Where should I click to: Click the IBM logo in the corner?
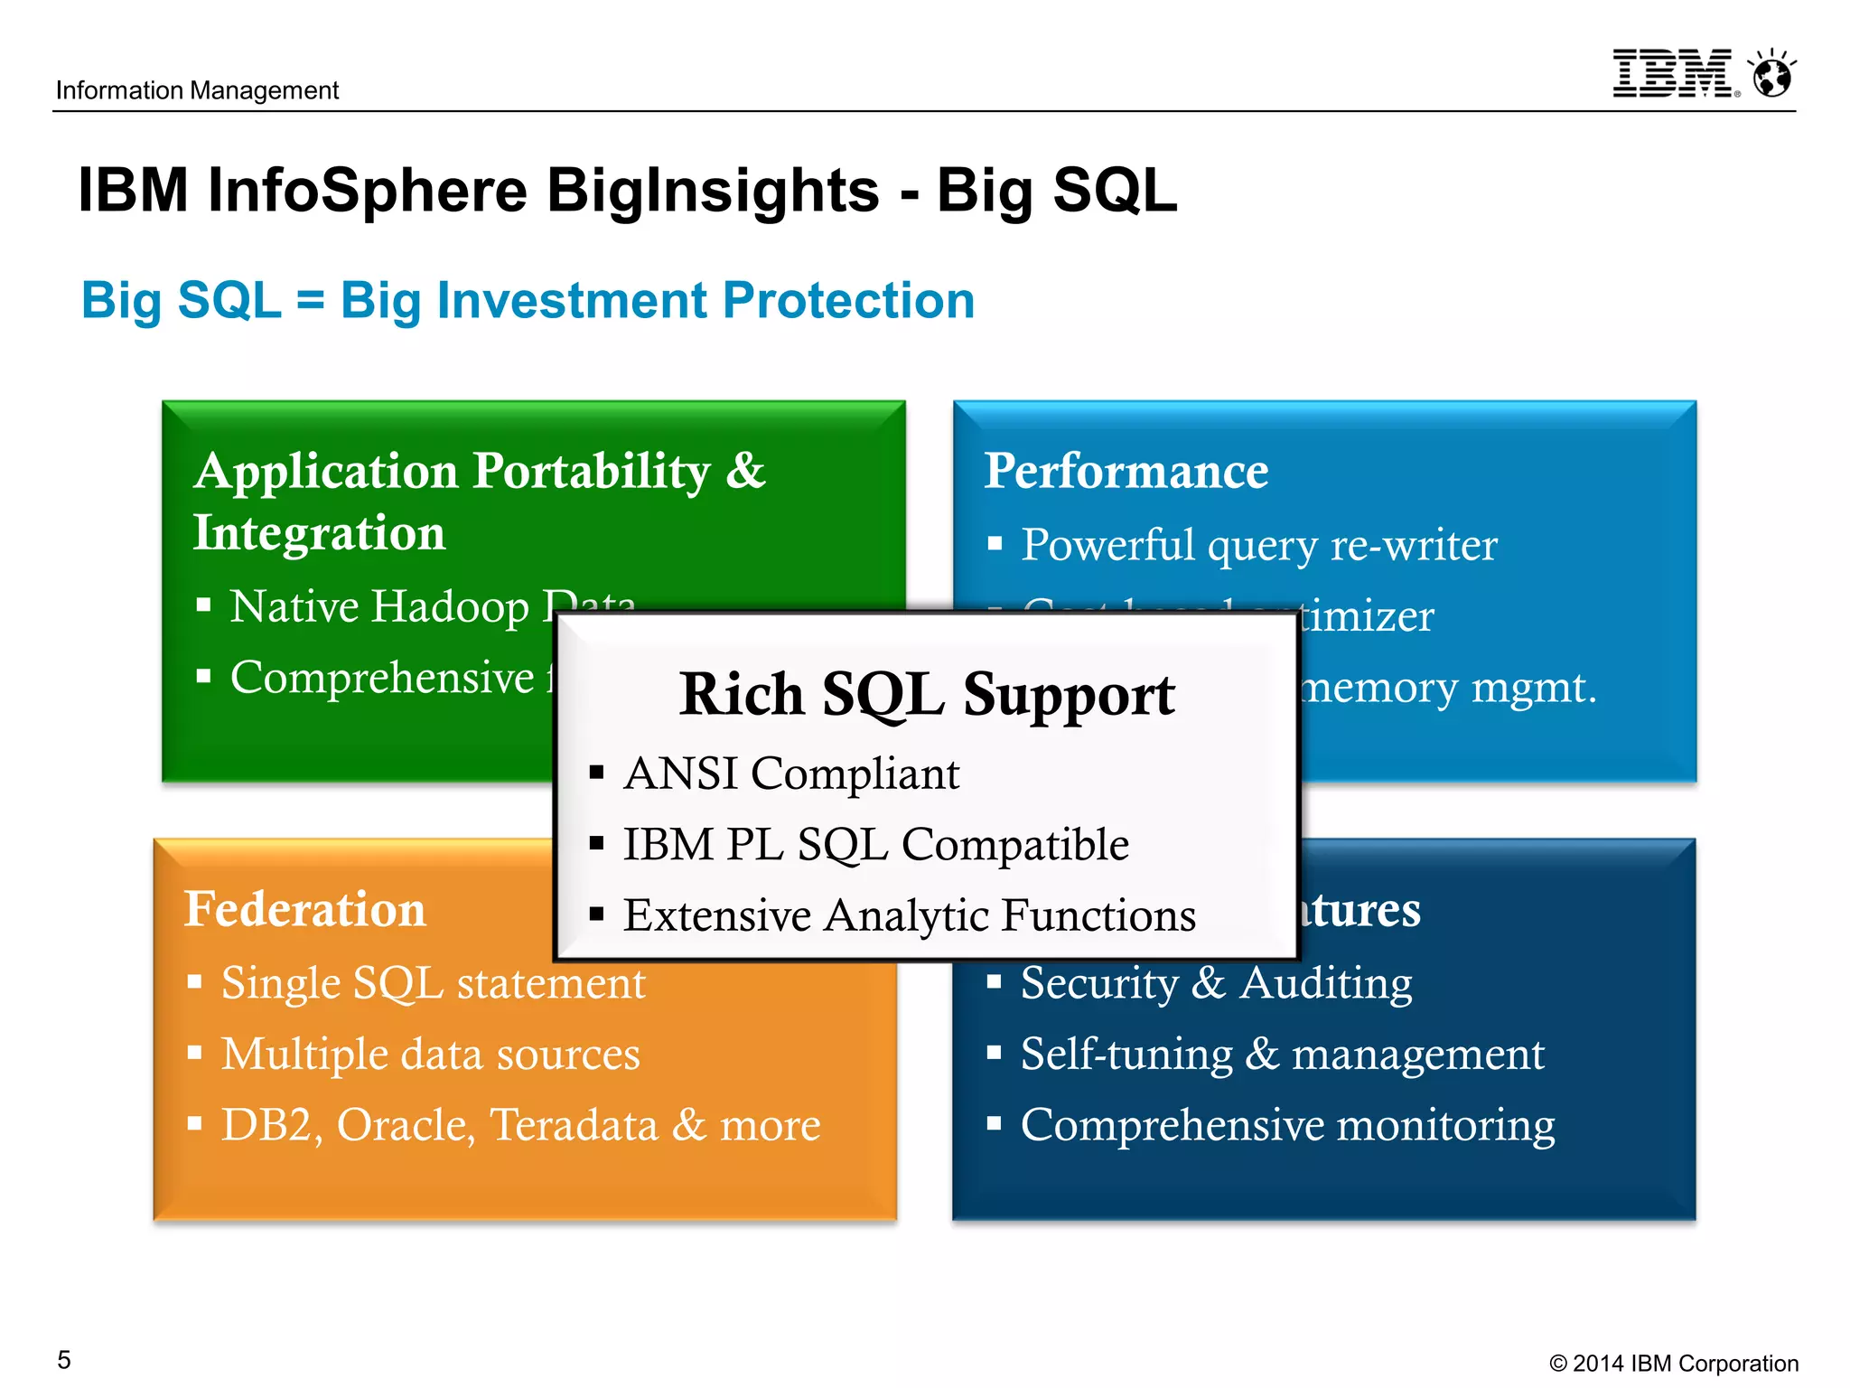coord(1672,74)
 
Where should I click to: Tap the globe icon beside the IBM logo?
coord(1772,74)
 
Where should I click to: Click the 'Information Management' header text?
coord(197,90)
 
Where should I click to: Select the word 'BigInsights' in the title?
coord(713,191)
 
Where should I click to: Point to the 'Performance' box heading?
coord(1126,471)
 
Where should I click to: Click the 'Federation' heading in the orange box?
coord(304,909)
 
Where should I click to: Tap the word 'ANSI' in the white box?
coord(680,774)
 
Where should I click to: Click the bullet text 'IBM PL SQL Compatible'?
coord(875,845)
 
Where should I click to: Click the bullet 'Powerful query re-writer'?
coord(1258,545)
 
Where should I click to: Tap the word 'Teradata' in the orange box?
coord(574,1125)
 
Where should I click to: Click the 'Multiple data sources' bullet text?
coord(430,1054)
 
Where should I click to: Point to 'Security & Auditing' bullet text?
coord(1216,982)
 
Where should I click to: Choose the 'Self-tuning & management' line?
coord(1282,1054)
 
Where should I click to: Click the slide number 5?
coord(64,1359)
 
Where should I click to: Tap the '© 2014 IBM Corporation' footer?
coord(1673,1363)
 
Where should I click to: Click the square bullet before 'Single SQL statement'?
coord(194,981)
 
